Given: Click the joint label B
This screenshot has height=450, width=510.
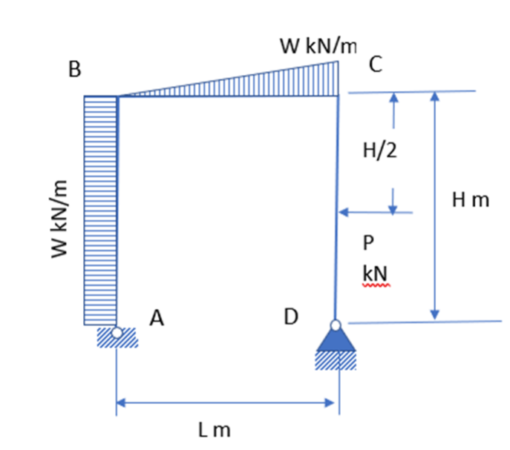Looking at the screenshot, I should [x=75, y=70].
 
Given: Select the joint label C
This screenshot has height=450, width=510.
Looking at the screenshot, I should [x=376, y=66].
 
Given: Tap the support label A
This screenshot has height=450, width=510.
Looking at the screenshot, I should [x=156, y=319].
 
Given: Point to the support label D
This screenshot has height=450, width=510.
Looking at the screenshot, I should [x=291, y=317].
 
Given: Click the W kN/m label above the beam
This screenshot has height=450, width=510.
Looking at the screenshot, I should [x=318, y=46].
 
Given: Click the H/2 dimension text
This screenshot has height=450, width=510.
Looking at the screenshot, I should [x=380, y=151].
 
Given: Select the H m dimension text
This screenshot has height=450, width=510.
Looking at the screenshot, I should [x=471, y=199].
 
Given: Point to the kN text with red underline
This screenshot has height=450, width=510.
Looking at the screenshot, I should [x=374, y=274].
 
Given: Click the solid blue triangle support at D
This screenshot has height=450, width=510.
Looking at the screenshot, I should [x=336, y=340].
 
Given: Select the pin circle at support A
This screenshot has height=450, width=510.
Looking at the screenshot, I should [x=117, y=334].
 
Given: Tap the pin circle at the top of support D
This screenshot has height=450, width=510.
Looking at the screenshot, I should [x=336, y=325].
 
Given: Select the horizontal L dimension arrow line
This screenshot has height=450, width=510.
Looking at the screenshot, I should [x=226, y=403].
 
